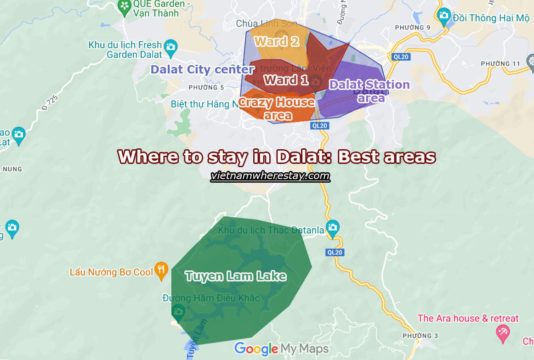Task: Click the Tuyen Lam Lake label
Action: click(x=235, y=276)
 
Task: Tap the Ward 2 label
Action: click(x=277, y=41)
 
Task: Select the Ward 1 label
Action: click(x=286, y=80)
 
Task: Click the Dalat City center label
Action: click(x=202, y=70)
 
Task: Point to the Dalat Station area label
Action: click(x=369, y=90)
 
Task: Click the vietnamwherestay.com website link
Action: click(x=270, y=176)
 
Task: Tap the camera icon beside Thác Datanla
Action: click(x=332, y=227)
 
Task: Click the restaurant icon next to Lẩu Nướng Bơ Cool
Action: click(x=161, y=271)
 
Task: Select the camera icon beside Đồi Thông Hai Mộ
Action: click(x=443, y=17)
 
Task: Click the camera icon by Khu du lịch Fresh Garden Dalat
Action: click(x=170, y=48)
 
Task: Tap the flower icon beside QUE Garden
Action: click(x=125, y=6)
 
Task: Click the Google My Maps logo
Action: click(x=281, y=349)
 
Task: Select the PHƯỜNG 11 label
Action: click(x=499, y=63)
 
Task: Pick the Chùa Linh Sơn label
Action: click(x=267, y=23)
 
